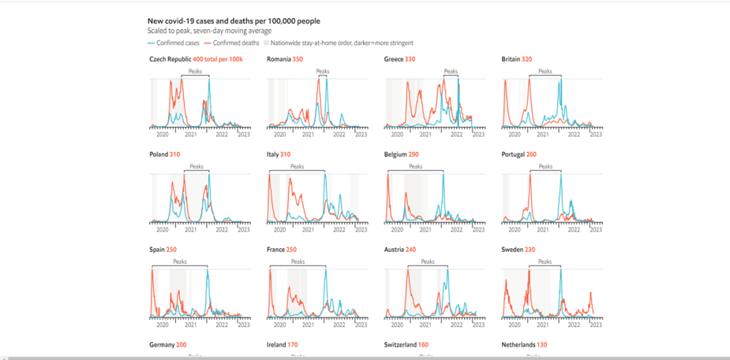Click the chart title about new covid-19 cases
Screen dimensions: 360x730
coord(234,21)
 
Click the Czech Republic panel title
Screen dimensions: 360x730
coord(195,58)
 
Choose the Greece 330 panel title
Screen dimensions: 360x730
coord(400,58)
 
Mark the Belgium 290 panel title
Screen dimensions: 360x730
coord(403,154)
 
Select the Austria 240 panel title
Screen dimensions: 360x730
coord(401,250)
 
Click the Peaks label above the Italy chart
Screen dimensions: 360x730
coord(297,166)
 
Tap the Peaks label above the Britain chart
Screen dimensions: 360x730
coord(545,71)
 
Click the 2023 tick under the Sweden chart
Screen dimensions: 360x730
coord(595,325)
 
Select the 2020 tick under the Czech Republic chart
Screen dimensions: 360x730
coord(162,133)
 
